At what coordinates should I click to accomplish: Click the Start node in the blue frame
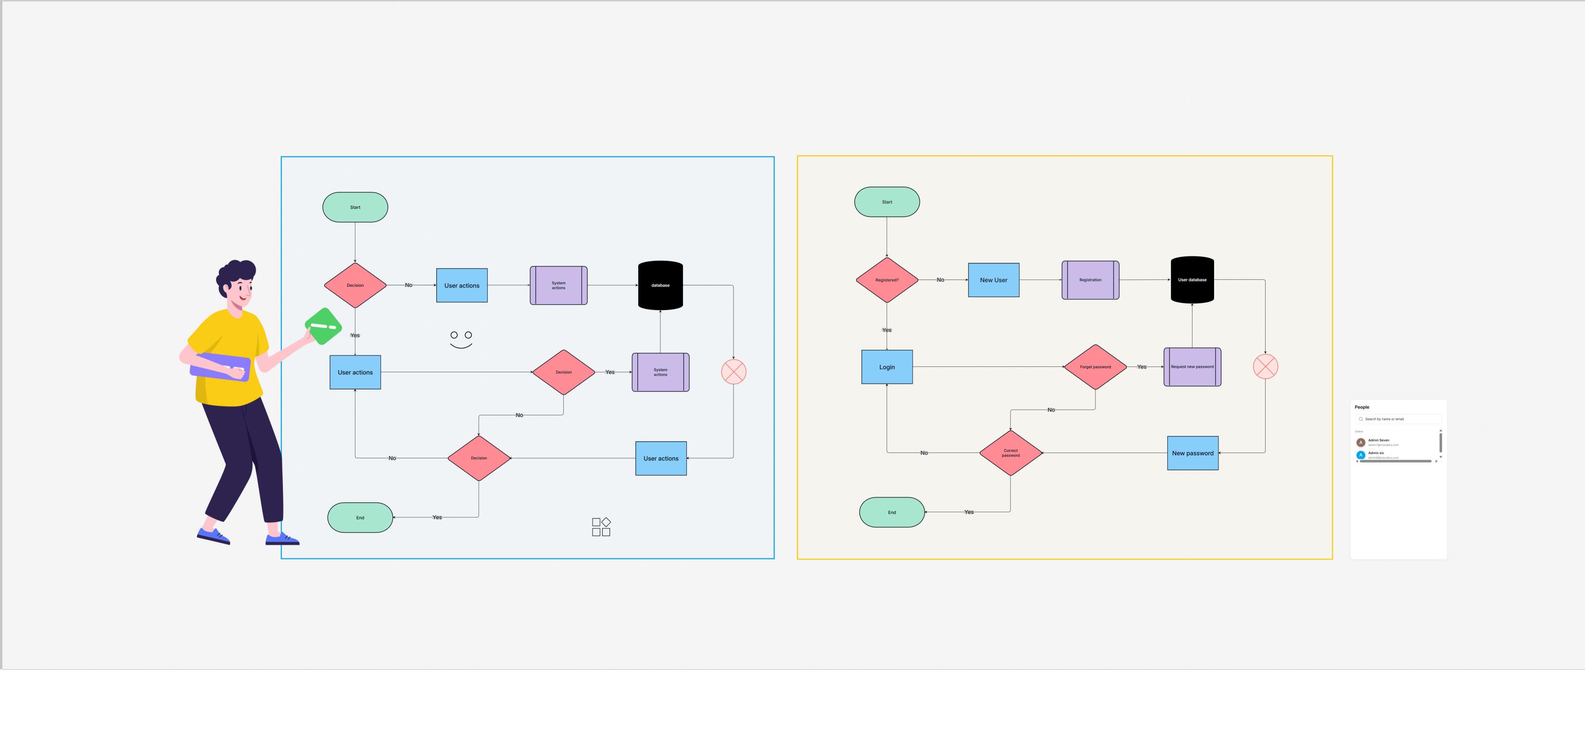(x=355, y=207)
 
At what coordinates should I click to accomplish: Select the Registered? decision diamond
(x=887, y=280)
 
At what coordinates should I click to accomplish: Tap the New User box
(x=993, y=280)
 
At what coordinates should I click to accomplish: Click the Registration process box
(x=1090, y=280)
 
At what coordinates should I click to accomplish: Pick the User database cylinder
(x=1192, y=280)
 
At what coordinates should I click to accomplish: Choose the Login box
(x=887, y=367)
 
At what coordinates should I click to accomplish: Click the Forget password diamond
(x=1095, y=367)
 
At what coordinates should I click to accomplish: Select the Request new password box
(x=1192, y=367)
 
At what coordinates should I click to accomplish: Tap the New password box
(x=1192, y=453)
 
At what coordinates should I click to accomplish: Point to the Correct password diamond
(x=1010, y=453)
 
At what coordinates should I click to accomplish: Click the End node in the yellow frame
(x=891, y=512)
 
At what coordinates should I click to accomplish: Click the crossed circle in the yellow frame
(x=1265, y=366)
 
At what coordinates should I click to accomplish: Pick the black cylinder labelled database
(x=660, y=285)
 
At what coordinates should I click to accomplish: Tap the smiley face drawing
(x=461, y=340)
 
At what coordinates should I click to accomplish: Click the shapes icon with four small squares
(x=601, y=527)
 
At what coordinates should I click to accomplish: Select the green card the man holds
(x=323, y=326)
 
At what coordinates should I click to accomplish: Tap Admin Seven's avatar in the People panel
(x=1360, y=442)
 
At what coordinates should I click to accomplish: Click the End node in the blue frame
(x=360, y=518)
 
